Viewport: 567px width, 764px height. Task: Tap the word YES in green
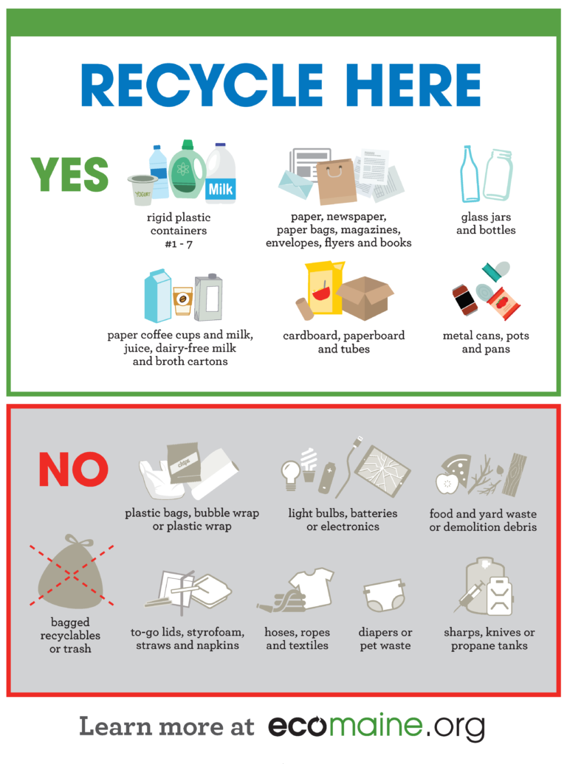[69, 175]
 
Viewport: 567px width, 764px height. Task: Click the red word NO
[73, 470]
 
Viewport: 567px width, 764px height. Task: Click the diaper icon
[384, 596]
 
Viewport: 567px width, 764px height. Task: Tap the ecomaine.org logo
[376, 726]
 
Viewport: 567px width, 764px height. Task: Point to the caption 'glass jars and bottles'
[486, 223]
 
